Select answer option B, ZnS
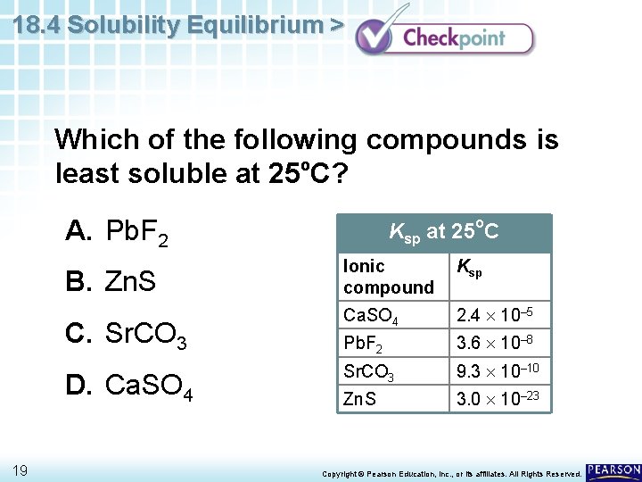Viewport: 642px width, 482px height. [x=111, y=284]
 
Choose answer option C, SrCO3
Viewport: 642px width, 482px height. [x=126, y=335]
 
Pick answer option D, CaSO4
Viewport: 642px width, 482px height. [x=128, y=386]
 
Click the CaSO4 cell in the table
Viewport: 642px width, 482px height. [x=371, y=315]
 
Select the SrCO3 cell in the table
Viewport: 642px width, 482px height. [x=368, y=370]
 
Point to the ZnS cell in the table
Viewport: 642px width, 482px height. [x=359, y=398]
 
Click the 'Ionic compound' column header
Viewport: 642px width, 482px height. [x=389, y=277]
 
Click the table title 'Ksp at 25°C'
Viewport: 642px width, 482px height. [x=443, y=232]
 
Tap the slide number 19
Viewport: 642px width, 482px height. [x=21, y=470]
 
